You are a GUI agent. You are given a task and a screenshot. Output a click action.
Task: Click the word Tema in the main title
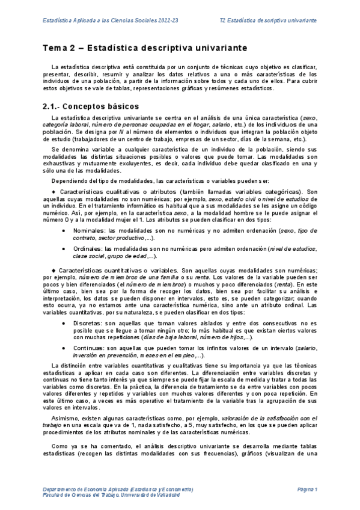(x=55, y=48)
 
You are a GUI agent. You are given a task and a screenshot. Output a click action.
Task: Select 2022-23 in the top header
(x=166, y=20)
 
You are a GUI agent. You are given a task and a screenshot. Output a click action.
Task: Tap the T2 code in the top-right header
(x=224, y=20)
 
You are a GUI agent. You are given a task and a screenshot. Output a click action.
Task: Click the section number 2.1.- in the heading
(x=54, y=106)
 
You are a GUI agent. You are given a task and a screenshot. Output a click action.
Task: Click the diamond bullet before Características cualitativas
(x=53, y=191)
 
